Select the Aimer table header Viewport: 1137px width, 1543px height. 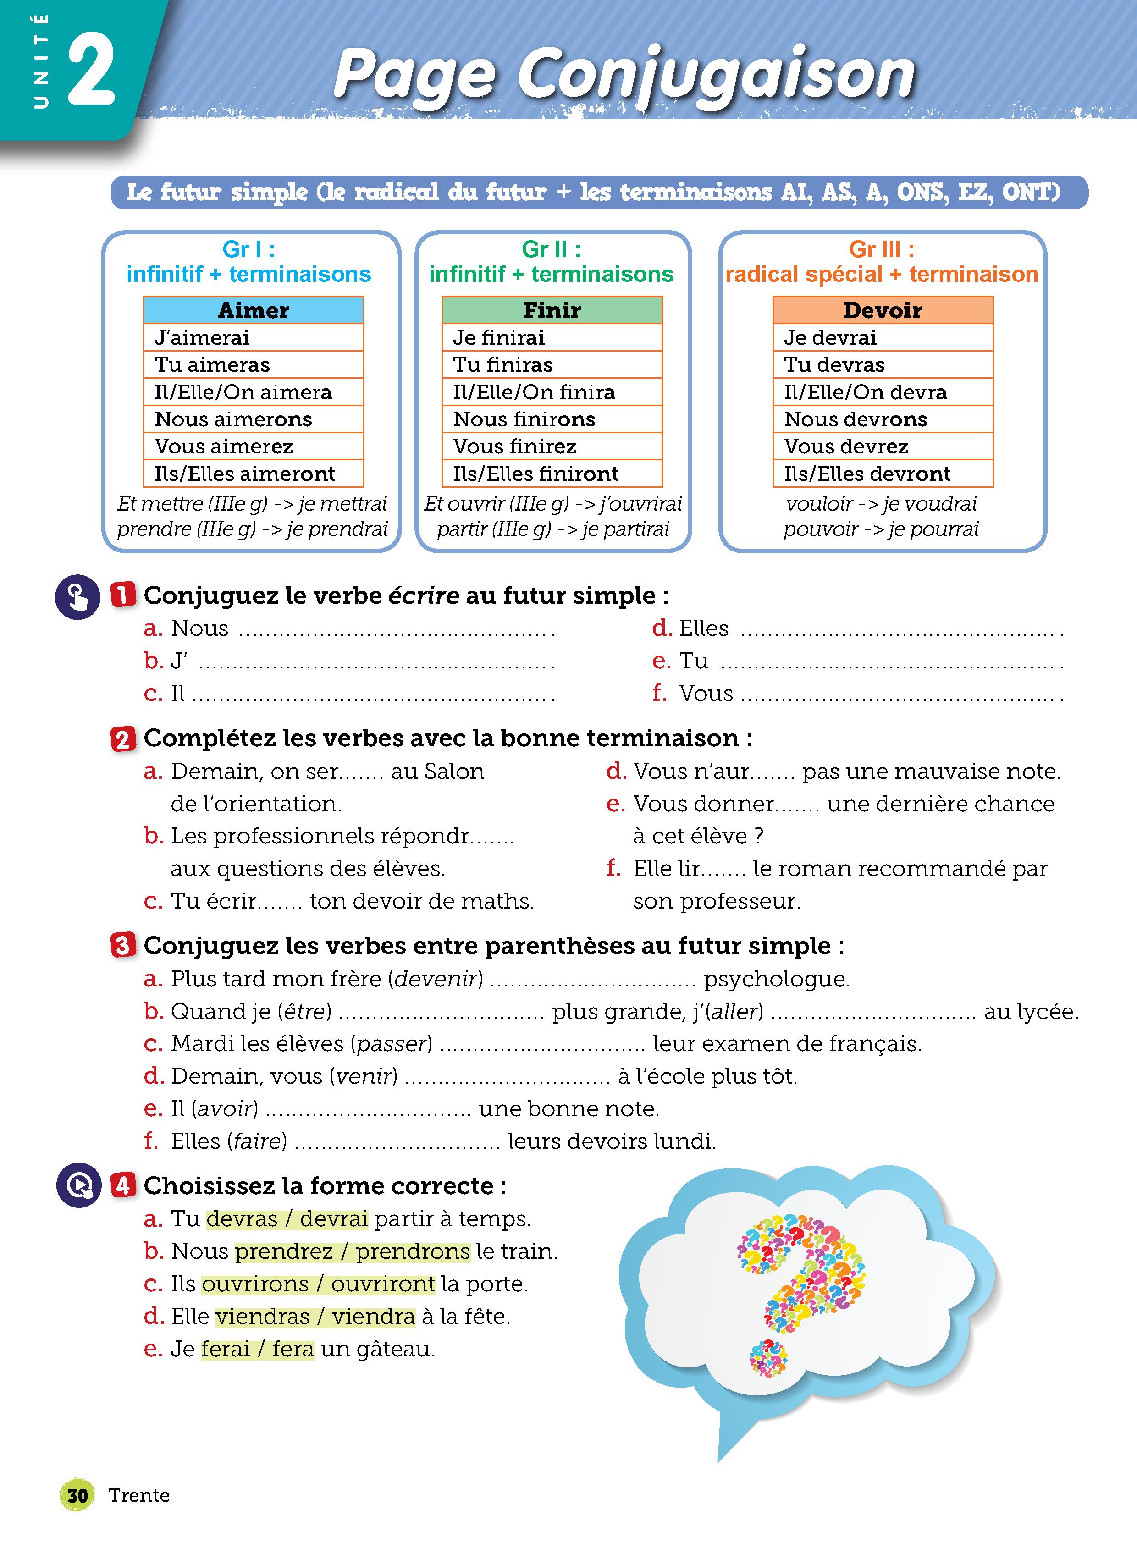[253, 310]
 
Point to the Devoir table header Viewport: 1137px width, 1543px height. [883, 310]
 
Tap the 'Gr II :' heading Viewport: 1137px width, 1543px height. [551, 249]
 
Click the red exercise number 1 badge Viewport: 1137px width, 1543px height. [123, 595]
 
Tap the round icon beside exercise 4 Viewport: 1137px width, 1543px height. [79, 1185]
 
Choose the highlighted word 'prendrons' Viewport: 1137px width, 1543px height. [413, 1251]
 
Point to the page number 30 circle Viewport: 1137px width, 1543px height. [77, 1495]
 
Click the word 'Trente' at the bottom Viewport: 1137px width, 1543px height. [139, 1495]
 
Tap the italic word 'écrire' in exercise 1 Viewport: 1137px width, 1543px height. [423, 595]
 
